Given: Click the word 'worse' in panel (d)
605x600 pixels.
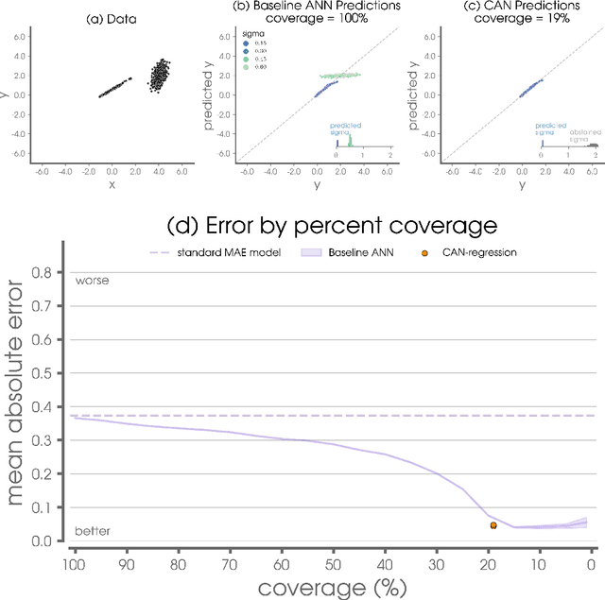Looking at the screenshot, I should click(x=92, y=281).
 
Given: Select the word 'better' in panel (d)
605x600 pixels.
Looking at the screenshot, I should click(x=93, y=532).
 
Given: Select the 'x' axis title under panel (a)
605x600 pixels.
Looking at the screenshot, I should click(x=112, y=185).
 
